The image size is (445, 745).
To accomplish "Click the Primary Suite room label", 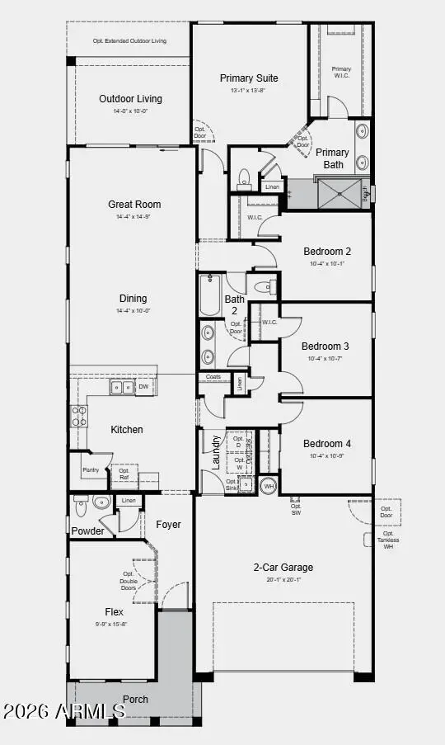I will coord(249,78).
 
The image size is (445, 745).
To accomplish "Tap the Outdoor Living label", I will coord(130,99).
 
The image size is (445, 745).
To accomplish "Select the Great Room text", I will coord(134,205).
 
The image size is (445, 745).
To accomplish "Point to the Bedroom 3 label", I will coord(325,347).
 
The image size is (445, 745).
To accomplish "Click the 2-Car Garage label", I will coord(283,568).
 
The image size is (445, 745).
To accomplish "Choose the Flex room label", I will coord(115,612).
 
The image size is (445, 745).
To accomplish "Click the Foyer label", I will coord(168,524).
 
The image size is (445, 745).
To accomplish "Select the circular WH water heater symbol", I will coord(268,486).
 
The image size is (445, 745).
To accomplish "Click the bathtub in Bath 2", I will coord(209,295).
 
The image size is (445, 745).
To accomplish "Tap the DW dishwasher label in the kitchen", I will coord(143,386).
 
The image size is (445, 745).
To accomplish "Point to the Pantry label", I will coord(91,470).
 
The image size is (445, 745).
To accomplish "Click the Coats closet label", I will coord(213,377).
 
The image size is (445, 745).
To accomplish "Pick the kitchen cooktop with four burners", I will coord(79,415).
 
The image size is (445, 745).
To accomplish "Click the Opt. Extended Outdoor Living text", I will coord(130,40).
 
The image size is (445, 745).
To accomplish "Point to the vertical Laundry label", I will coord(217,452).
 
